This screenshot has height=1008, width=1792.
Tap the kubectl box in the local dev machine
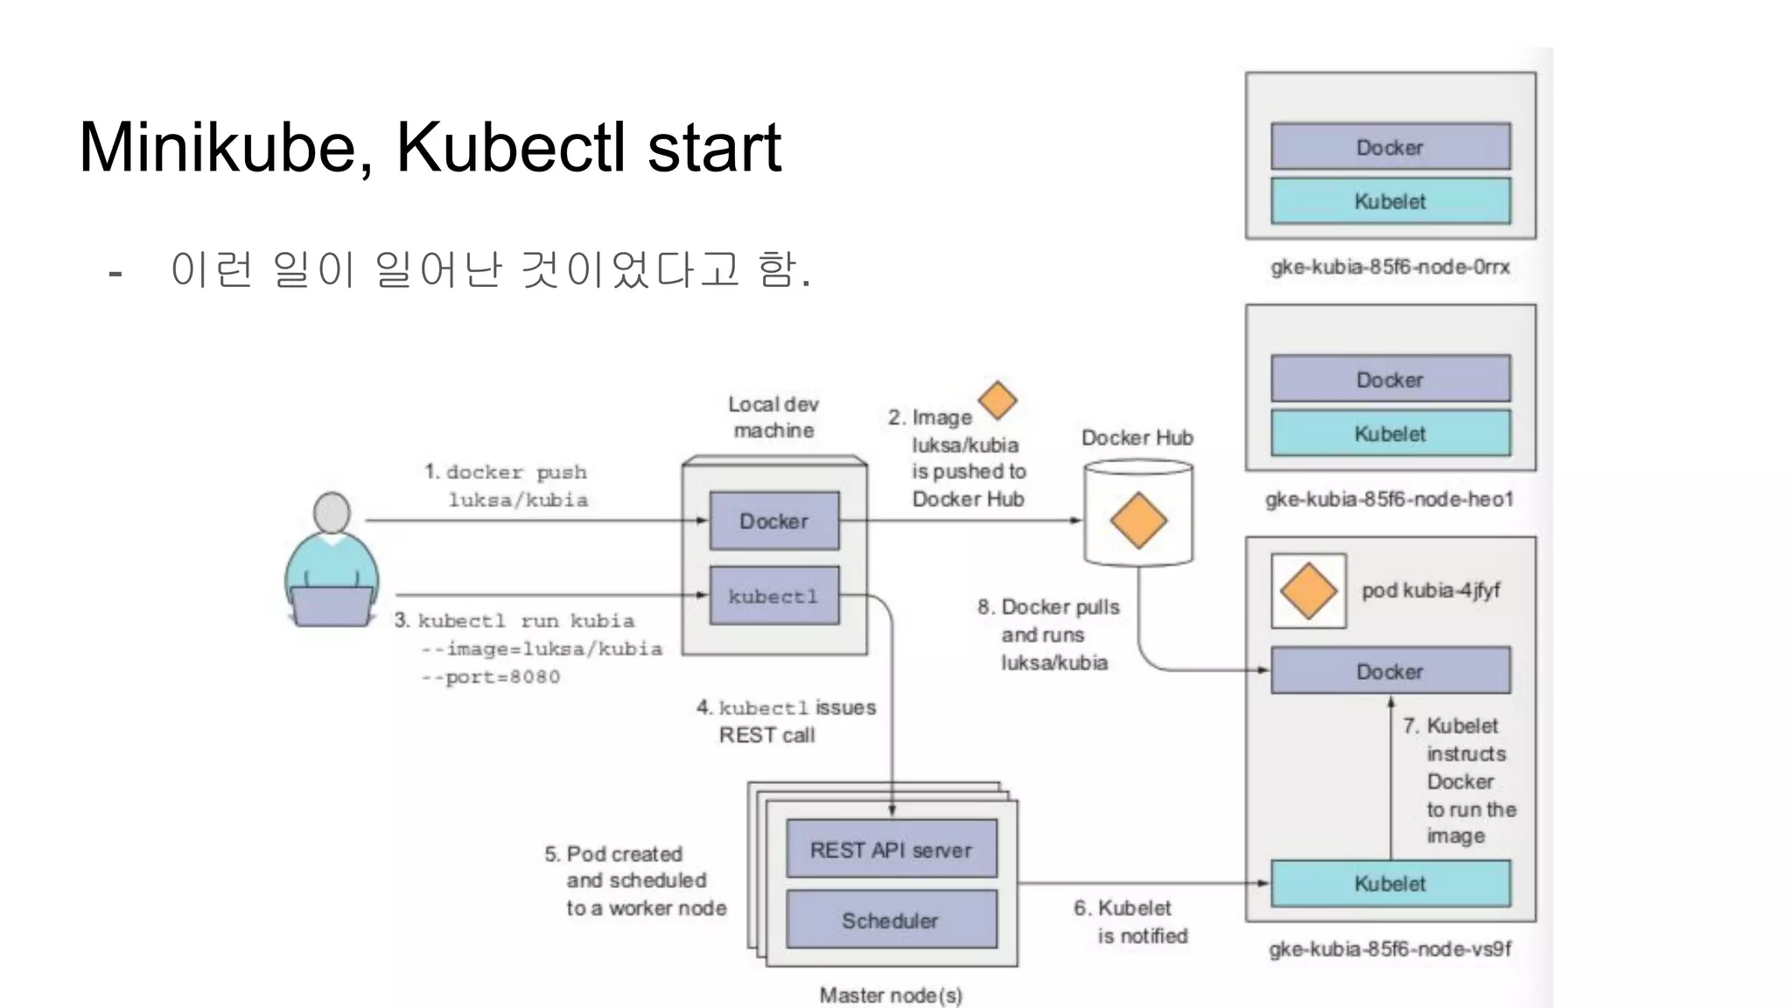click(x=773, y=596)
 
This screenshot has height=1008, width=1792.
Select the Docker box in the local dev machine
click(x=773, y=521)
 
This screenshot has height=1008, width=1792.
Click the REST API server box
click(x=891, y=849)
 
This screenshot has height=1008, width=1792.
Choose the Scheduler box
click(x=891, y=920)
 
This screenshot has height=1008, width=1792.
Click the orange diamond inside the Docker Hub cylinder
click(x=1137, y=520)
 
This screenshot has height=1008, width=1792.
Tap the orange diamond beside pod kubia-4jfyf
click(x=1308, y=591)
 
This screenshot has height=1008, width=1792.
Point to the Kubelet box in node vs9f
click(x=1389, y=883)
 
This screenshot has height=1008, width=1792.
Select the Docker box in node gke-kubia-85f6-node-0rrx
click(x=1389, y=146)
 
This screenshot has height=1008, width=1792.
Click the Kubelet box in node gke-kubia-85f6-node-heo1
click(x=1389, y=433)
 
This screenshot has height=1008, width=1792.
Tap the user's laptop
click(x=331, y=605)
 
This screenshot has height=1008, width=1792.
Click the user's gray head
click(x=332, y=512)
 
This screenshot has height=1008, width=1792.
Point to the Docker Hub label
click(x=1137, y=437)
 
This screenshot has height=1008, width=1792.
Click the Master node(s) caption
click(x=890, y=995)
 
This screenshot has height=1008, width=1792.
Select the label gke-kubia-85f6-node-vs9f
click(x=1389, y=948)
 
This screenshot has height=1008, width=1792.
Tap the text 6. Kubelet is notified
click(x=1131, y=921)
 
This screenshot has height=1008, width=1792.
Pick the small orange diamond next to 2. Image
click(x=997, y=401)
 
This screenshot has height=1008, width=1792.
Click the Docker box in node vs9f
click(x=1389, y=671)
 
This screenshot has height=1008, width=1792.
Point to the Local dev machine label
click(x=773, y=417)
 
